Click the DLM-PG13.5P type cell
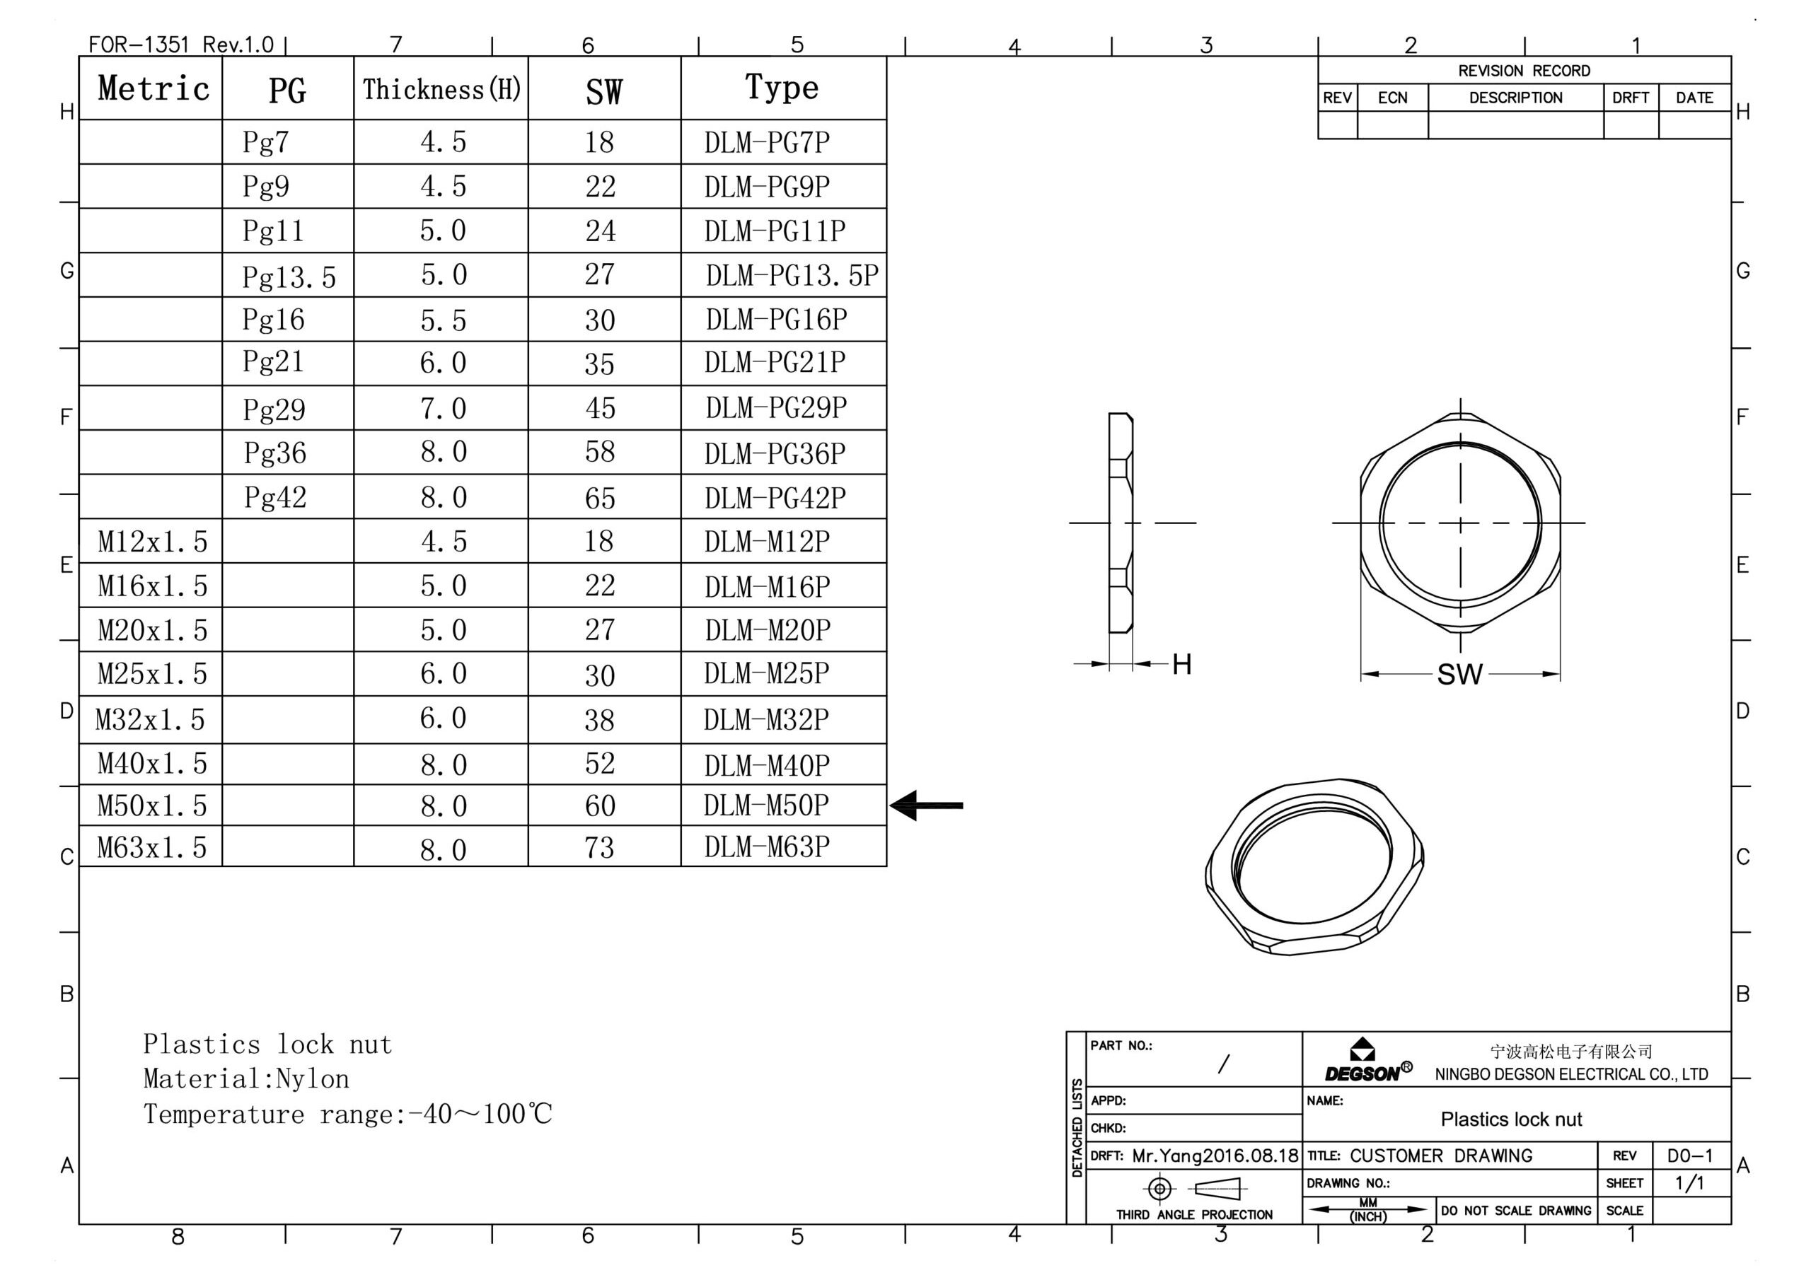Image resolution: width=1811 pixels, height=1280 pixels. click(x=792, y=275)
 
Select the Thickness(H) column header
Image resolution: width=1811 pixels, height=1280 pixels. click(x=441, y=89)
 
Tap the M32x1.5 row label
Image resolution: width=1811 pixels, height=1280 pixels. click(x=150, y=719)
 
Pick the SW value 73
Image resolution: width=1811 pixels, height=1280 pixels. click(x=599, y=847)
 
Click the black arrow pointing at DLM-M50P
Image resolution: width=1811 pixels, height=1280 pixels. click(x=926, y=805)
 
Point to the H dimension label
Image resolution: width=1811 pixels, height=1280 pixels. click(x=1181, y=664)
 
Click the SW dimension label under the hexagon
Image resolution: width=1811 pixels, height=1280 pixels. click(x=1460, y=675)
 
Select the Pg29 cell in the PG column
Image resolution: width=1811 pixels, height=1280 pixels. click(x=274, y=409)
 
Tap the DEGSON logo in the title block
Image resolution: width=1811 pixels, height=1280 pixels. click(x=1368, y=1061)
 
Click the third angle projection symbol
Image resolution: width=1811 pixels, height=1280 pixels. click(x=1195, y=1188)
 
